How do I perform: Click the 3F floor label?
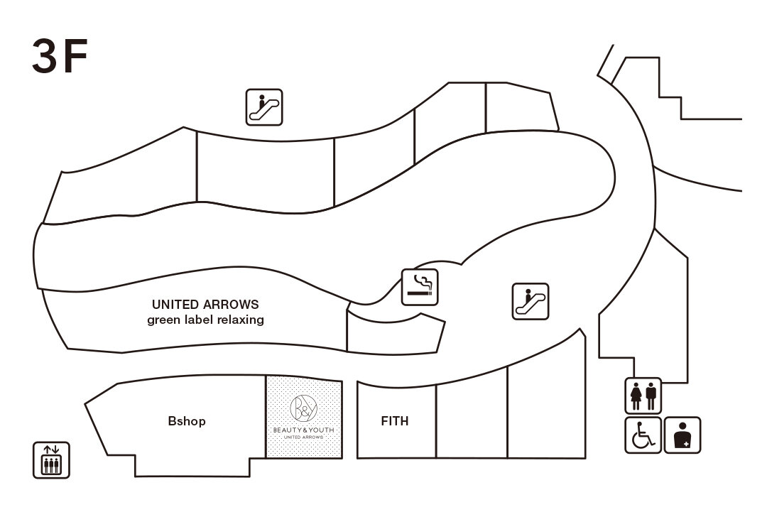pyautogui.click(x=60, y=57)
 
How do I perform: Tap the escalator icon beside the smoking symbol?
pyautogui.click(x=531, y=301)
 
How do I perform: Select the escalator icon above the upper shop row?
pyautogui.click(x=264, y=107)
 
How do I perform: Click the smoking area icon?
pyautogui.click(x=420, y=287)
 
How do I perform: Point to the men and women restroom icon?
pyautogui.click(x=643, y=396)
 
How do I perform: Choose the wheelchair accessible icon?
pyautogui.click(x=643, y=435)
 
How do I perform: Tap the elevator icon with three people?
pyautogui.click(x=52, y=459)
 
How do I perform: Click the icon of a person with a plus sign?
pyautogui.click(x=682, y=435)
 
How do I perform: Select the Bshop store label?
pyautogui.click(x=187, y=421)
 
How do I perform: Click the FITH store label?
pyautogui.click(x=395, y=421)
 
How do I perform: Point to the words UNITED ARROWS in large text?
pyautogui.click(x=205, y=305)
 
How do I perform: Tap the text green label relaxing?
pyautogui.click(x=205, y=320)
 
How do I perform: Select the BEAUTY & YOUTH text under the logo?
pyautogui.click(x=303, y=430)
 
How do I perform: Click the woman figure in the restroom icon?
pyautogui.click(x=636, y=396)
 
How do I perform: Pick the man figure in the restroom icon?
pyautogui.click(x=651, y=396)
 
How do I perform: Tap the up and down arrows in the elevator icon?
pyautogui.click(x=52, y=449)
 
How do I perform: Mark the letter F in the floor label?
pyautogui.click(x=74, y=57)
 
